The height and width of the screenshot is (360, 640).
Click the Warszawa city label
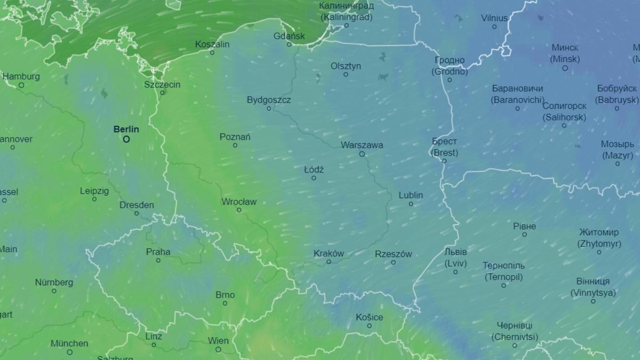tap(362, 145)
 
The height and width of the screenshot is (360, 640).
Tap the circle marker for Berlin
tap(126, 139)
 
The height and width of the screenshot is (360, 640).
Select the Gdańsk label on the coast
tap(289, 36)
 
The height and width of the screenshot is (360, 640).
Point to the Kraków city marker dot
tap(329, 261)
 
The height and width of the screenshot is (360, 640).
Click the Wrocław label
tap(239, 202)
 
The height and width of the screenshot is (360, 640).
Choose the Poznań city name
tap(235, 137)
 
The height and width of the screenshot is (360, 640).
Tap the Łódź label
tap(314, 170)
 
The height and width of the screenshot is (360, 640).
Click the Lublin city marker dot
tap(411, 204)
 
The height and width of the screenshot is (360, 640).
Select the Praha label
tap(158, 252)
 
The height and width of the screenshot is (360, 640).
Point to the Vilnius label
tap(494, 18)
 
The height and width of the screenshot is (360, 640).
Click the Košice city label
tap(369, 317)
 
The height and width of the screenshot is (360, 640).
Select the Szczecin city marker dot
tap(163, 93)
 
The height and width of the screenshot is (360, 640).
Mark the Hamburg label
tap(21, 77)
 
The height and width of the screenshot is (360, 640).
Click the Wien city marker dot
tap(218, 349)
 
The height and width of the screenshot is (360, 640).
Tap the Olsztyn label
tap(346, 66)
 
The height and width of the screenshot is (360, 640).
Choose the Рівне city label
tap(524, 226)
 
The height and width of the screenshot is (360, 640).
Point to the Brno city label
tap(225, 295)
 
